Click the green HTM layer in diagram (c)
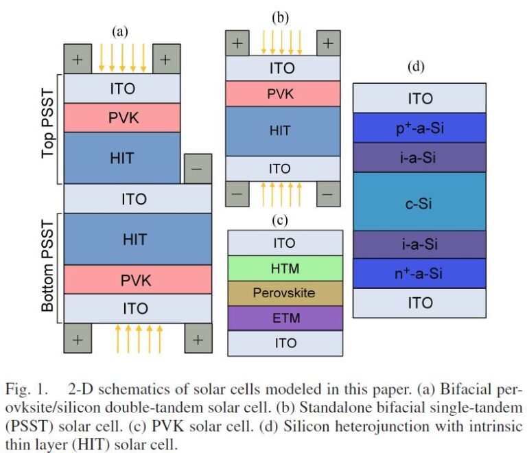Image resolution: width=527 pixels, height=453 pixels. coord(285,268)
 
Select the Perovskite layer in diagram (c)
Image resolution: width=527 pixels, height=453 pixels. coord(285,293)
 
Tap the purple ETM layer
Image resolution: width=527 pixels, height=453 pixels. coord(285,318)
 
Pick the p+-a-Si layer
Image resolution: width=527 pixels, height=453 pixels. coord(420,128)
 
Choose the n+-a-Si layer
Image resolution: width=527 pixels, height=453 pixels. coord(420,274)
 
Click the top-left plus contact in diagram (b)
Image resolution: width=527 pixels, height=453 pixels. coord(237,43)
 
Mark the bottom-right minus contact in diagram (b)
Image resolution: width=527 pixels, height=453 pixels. coord(327,194)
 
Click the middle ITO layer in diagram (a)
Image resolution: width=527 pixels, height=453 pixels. coord(137,199)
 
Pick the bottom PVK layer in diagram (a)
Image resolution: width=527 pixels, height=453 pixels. coord(137,280)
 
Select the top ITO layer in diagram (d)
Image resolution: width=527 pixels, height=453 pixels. coord(420,98)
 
